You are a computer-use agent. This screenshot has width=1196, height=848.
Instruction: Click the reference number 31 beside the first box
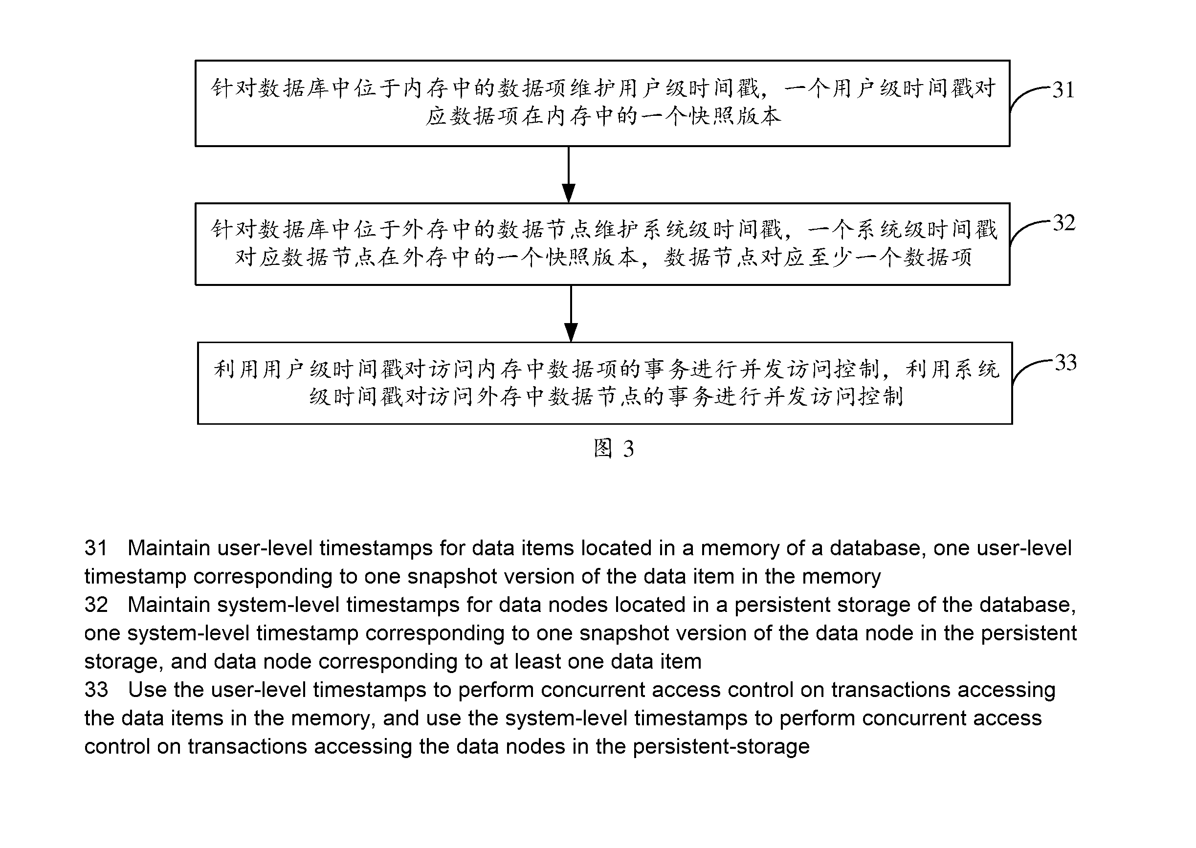coord(1063,90)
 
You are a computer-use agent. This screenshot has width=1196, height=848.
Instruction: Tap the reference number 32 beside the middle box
coord(1064,223)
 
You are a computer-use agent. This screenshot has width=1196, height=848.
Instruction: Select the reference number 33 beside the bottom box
coord(1065,362)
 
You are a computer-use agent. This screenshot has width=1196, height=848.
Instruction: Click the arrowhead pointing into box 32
coord(569,193)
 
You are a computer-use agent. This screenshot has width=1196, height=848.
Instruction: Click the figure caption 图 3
coord(614,449)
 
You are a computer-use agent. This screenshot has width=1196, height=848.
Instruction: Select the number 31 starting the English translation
coord(96,548)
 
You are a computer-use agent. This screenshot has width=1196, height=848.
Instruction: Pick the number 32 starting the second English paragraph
coord(96,605)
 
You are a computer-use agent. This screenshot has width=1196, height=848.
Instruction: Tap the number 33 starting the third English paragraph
coord(96,690)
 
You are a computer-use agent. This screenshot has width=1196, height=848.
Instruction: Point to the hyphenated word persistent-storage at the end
coord(721,747)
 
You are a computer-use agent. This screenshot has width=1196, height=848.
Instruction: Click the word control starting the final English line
coord(117,747)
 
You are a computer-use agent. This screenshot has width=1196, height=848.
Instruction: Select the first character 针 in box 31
coord(221,87)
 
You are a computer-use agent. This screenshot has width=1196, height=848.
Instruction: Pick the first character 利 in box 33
coord(224,369)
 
